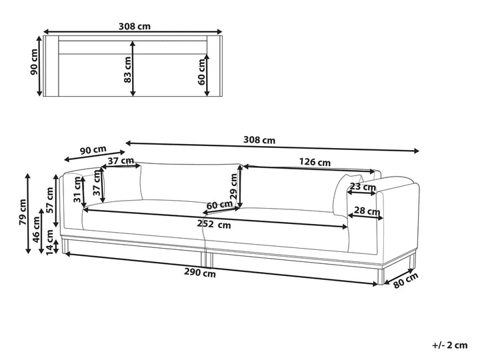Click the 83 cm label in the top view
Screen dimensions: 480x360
tap(128, 69)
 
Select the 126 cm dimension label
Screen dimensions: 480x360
tap(315, 161)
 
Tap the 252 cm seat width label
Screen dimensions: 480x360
tap(214, 225)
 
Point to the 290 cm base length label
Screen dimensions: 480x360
tap(200, 272)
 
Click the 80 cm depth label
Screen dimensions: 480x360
tap(405, 281)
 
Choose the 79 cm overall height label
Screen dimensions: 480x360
tap(23, 212)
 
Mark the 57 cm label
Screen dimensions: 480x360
tap(49, 200)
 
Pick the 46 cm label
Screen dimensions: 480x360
tap(36, 229)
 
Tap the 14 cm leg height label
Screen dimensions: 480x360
tap(49, 242)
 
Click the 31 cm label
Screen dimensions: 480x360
tap(77, 189)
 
